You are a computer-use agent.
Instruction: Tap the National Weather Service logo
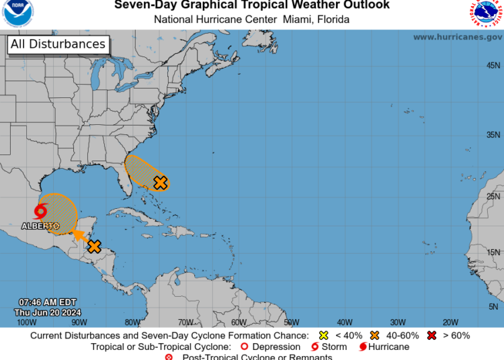[x=486, y=14]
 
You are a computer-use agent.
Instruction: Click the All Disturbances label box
[x=58, y=44]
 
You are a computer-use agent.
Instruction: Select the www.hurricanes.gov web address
[x=457, y=37]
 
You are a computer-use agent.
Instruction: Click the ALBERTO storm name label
[x=40, y=226]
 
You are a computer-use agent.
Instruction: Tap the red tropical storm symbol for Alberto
[x=41, y=212]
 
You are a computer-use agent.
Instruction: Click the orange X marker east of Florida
[x=160, y=182]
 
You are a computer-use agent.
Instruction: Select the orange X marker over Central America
[x=94, y=246]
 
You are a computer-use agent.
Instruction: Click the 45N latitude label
[x=493, y=65]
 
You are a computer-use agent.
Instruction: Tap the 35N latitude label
[x=493, y=134]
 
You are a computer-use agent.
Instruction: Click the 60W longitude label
[x=239, y=322]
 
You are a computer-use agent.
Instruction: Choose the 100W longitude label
[x=27, y=322]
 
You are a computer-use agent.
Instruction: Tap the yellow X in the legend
[x=323, y=335]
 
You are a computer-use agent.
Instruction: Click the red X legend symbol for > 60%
[x=433, y=335]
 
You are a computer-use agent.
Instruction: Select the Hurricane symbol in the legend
[x=364, y=347]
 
